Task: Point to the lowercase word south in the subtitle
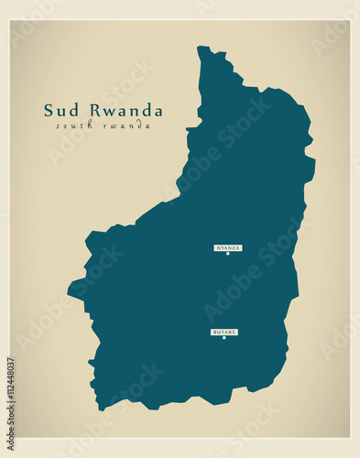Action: pyautogui.click(x=71, y=125)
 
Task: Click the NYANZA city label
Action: pyautogui.click(x=228, y=247)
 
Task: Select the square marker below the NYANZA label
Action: pyautogui.click(x=228, y=254)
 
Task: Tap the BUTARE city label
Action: pyautogui.click(x=224, y=332)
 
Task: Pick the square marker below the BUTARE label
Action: pyautogui.click(x=224, y=338)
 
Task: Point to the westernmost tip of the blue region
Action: pyautogui.click(x=68, y=295)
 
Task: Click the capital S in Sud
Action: pyautogui.click(x=49, y=111)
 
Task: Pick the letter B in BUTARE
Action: pyautogui.click(x=214, y=332)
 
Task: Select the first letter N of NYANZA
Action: pyautogui.click(x=218, y=247)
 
